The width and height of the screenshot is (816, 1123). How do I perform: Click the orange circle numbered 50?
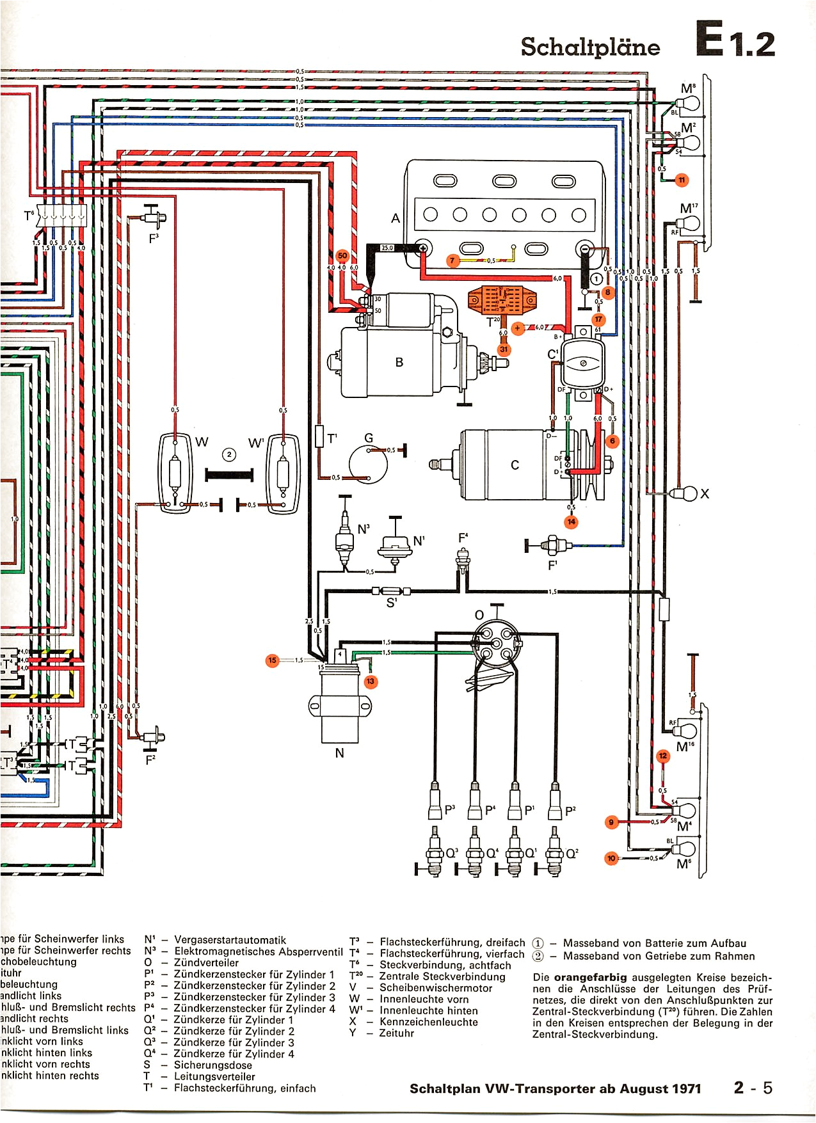(342, 256)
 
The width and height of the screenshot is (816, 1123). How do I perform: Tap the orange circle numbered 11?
(682, 180)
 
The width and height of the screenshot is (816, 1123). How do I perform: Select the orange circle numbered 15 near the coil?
(273, 660)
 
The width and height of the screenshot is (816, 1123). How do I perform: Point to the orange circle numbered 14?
(571, 522)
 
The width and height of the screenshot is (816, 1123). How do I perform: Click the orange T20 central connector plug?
(502, 299)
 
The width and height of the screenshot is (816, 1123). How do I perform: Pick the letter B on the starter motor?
(399, 362)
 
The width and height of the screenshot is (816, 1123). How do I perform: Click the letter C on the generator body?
(515, 465)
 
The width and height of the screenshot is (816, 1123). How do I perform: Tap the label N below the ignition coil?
(339, 753)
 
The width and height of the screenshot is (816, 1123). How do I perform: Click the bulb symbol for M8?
(688, 103)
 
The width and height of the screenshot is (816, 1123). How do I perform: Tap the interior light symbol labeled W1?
(283, 474)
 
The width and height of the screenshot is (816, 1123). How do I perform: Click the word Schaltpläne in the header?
(590, 47)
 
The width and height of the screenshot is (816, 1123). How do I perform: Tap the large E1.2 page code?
(735, 42)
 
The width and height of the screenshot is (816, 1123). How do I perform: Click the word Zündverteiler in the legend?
(206, 962)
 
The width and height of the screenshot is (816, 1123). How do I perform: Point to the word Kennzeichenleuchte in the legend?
(429, 1022)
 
